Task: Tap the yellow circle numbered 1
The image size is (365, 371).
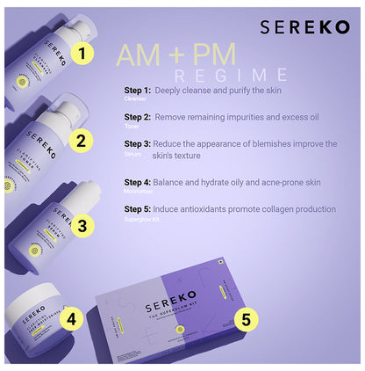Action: click(82, 54)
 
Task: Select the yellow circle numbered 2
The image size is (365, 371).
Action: click(81, 140)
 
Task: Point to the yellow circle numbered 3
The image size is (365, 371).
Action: click(82, 225)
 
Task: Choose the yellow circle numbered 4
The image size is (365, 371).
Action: click(72, 316)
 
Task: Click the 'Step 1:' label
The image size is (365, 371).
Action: click(138, 90)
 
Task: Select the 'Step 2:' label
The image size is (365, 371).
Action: click(138, 117)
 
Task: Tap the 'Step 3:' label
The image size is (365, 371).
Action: click(138, 143)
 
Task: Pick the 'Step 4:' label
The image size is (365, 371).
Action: click(138, 182)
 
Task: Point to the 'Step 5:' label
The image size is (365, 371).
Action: click(138, 209)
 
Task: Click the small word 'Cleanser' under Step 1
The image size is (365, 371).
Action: click(135, 99)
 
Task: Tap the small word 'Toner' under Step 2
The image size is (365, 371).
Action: click(132, 127)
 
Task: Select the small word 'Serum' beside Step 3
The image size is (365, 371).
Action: click(132, 153)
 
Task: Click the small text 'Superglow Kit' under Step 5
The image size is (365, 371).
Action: click(140, 219)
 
